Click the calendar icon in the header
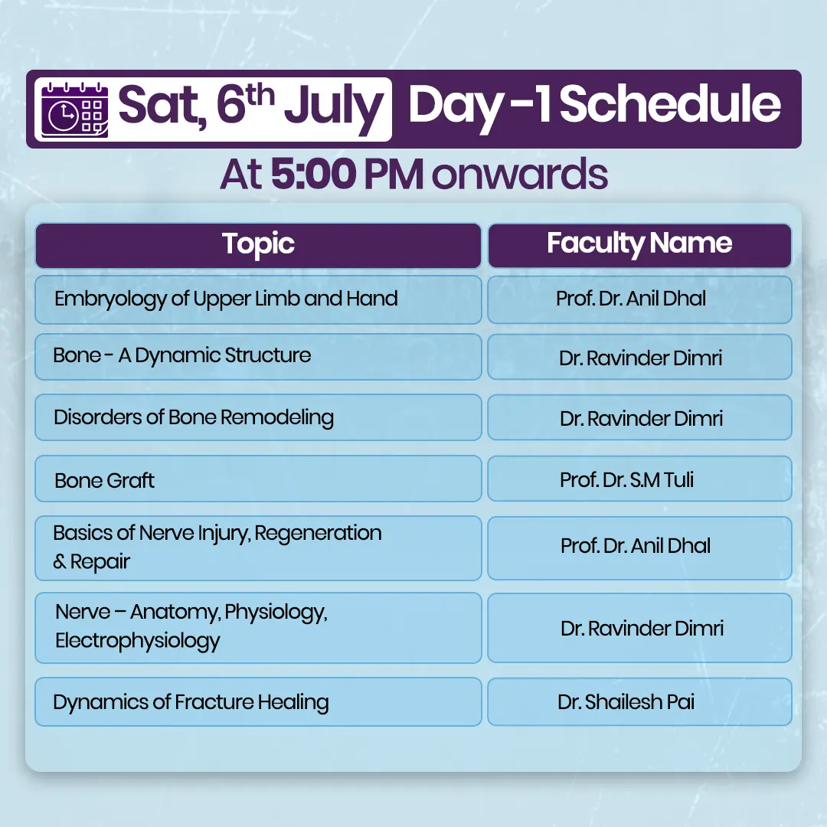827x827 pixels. pos(75,110)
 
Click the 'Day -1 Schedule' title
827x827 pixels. pos(594,106)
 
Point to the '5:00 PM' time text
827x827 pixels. pos(347,174)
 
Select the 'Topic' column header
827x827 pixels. pos(259,245)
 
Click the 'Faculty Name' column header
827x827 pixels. pos(639,245)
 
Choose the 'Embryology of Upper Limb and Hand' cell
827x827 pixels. pos(259,299)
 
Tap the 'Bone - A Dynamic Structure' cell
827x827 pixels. pos(259,357)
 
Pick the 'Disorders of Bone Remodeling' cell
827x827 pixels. pos(259,417)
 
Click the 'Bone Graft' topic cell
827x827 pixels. pos(259,479)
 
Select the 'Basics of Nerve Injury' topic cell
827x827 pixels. pos(259,548)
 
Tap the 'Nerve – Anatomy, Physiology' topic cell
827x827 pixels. pos(259,628)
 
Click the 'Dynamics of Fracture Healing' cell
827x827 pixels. pos(259,702)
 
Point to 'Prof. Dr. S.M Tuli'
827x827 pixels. pos(626,480)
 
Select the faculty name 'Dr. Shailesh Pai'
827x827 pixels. pos(626,702)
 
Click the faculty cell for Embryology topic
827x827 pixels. pos(639,299)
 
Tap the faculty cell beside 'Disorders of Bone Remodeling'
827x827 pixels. pos(639,418)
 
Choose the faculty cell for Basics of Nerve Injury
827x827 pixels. pos(639,548)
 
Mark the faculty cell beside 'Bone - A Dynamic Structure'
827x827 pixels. pos(639,357)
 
